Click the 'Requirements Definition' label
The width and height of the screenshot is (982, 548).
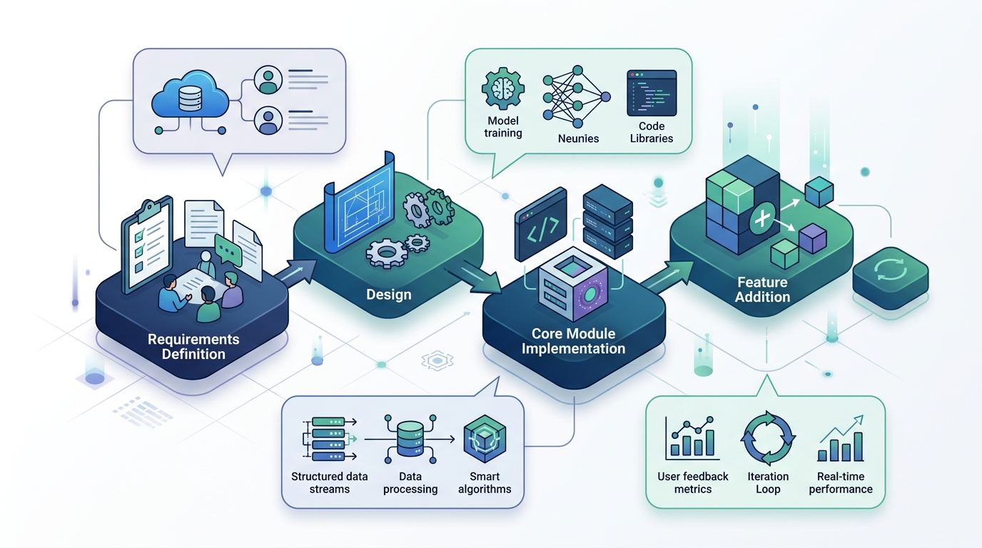193,347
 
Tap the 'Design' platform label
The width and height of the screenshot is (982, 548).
388,294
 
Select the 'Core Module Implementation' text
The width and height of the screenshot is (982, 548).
573,342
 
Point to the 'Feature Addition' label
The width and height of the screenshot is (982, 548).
762,290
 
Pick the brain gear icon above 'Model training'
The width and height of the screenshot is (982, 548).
502,89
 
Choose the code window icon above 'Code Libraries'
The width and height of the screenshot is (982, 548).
651,93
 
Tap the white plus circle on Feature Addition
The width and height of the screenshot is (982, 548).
764,216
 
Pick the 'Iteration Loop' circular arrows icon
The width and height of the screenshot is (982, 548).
768,437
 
